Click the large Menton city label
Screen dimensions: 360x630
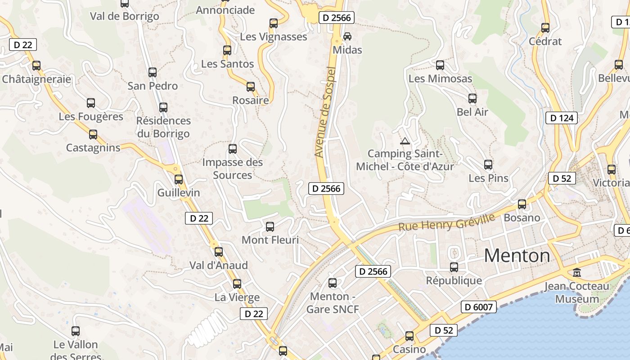click(517, 256)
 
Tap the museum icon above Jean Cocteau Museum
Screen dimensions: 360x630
click(577, 272)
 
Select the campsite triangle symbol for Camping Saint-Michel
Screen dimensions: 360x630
click(405, 141)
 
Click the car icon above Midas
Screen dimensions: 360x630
click(347, 36)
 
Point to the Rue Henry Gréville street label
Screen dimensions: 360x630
click(446, 222)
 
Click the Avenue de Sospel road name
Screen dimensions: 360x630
click(326, 112)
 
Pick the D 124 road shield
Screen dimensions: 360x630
click(561, 118)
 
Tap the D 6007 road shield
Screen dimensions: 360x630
click(479, 307)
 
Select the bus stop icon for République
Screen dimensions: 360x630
click(454, 267)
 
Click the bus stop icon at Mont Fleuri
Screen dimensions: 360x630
click(270, 227)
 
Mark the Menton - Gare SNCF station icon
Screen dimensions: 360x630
click(333, 283)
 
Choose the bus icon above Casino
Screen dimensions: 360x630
click(409, 336)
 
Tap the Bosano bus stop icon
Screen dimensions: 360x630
click(522, 204)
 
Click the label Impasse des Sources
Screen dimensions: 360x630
click(233, 169)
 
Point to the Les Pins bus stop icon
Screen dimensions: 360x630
click(488, 165)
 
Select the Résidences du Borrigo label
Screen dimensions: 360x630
click(163, 127)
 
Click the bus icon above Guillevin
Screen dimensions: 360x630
click(179, 180)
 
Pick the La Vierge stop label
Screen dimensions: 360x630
click(237, 297)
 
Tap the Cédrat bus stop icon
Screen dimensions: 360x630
click(545, 28)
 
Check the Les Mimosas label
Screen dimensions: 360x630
click(440, 79)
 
